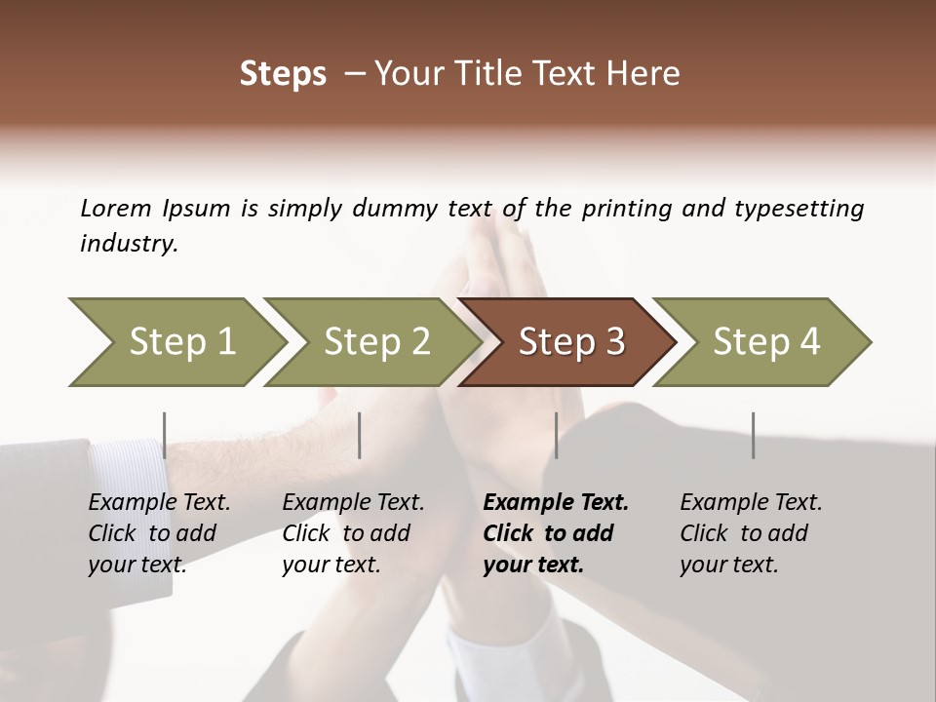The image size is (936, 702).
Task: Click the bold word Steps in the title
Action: pyautogui.click(x=283, y=74)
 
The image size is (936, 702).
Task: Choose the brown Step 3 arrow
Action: pyautogui.click(x=571, y=342)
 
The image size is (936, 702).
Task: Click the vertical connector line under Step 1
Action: pyautogui.click(x=165, y=435)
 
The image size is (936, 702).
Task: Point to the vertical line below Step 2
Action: pyautogui.click(x=360, y=435)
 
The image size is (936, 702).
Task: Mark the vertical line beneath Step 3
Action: pyautogui.click(x=556, y=435)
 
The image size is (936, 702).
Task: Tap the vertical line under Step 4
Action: pyautogui.click(x=753, y=435)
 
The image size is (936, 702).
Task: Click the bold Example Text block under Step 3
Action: pyautogui.click(x=556, y=533)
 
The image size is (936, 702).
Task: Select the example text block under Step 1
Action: pyautogui.click(x=159, y=533)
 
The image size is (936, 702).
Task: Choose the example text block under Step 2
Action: pyautogui.click(x=353, y=533)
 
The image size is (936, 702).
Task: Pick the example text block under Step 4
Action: pyautogui.click(x=751, y=533)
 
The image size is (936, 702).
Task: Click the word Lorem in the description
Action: pyautogui.click(x=116, y=209)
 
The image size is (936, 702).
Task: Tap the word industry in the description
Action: pyautogui.click(x=129, y=244)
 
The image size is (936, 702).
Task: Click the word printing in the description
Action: pyautogui.click(x=626, y=209)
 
